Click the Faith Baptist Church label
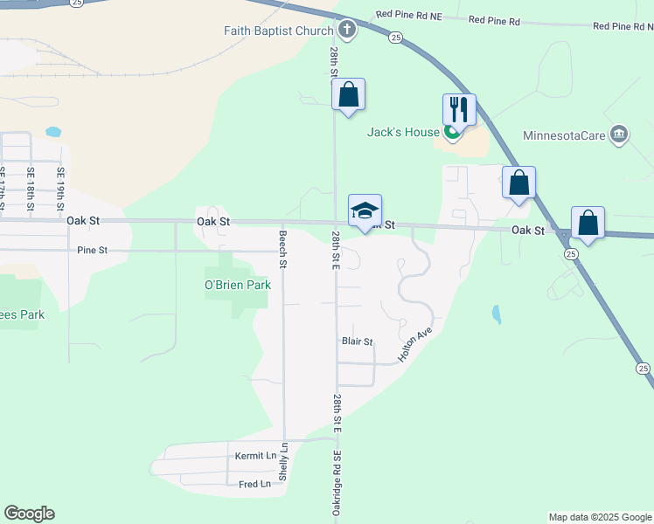tap(277, 31)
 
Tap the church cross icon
tap(347, 31)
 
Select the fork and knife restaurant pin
tap(459, 110)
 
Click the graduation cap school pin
tap(365, 210)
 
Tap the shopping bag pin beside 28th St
tap(348, 95)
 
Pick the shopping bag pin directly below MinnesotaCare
tap(518, 183)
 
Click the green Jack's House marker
tap(452, 133)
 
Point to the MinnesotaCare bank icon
tap(618, 134)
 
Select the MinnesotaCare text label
tap(563, 135)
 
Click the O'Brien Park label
tap(238, 285)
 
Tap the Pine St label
tap(92, 250)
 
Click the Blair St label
tap(357, 341)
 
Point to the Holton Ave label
tap(415, 345)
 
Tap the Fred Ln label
tap(254, 484)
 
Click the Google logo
tap(29, 514)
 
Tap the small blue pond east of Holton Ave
tap(496, 314)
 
